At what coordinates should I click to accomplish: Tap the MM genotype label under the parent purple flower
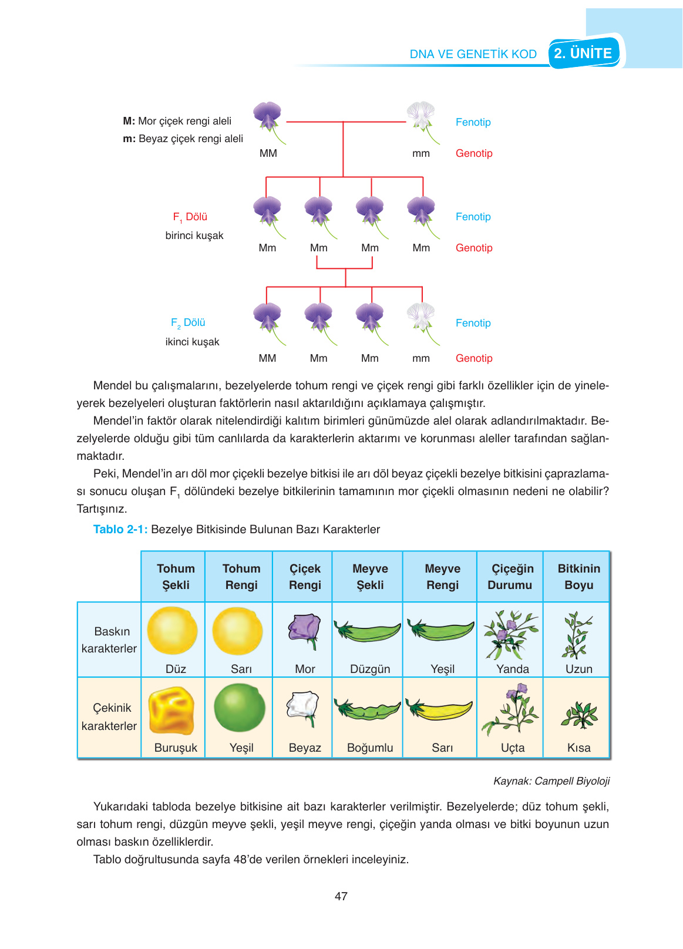[x=268, y=153]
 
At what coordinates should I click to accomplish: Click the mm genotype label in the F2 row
[x=421, y=358]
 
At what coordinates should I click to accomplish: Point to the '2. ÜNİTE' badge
[x=583, y=53]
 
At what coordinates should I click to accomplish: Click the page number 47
[x=341, y=896]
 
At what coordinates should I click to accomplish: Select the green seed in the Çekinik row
[x=240, y=708]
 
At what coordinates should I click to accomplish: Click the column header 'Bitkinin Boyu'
[x=578, y=577]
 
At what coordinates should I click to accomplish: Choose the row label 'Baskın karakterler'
[x=109, y=640]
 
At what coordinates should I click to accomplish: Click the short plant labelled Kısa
[x=579, y=715]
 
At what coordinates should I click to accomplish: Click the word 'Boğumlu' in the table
[x=370, y=748]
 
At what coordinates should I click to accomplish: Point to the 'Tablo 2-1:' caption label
[x=120, y=529]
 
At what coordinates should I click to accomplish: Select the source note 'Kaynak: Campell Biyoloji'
[x=551, y=781]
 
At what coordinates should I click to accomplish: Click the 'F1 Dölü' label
[x=190, y=217]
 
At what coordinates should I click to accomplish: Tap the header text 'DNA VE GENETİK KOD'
[x=473, y=54]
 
